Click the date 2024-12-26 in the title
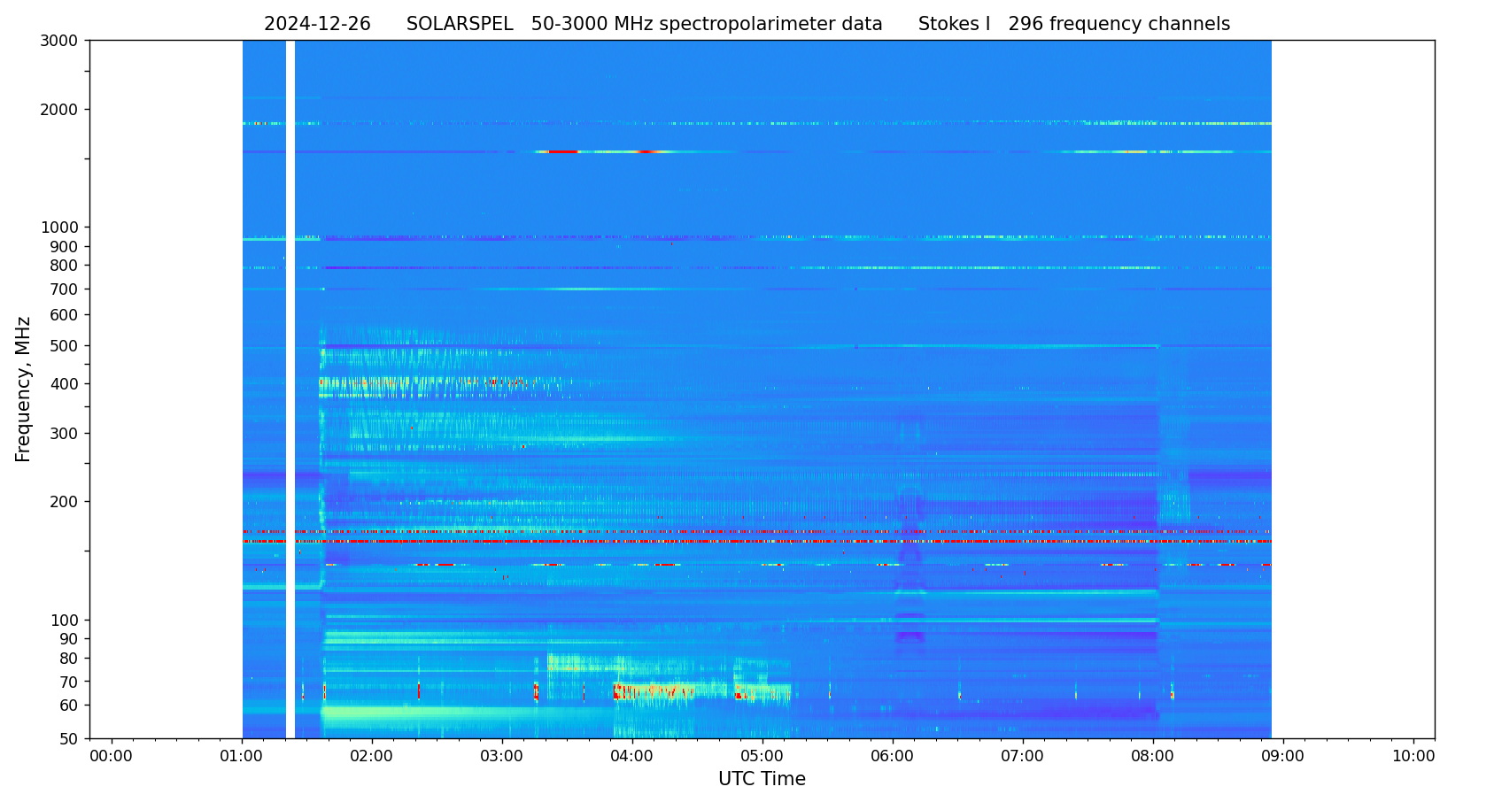(317, 25)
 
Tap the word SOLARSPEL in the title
(460, 25)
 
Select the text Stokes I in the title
(954, 25)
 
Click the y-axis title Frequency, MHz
(24, 389)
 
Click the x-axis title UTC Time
(762, 779)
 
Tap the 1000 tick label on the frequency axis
(59, 227)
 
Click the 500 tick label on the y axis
(64, 346)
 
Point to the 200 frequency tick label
(64, 502)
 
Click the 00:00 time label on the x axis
(112, 757)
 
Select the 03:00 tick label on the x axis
(502, 757)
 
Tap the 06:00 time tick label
(893, 757)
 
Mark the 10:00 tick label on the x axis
(1413, 757)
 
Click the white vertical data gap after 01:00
(290, 389)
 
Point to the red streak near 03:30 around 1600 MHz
(563, 152)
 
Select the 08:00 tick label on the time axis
(1153, 757)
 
